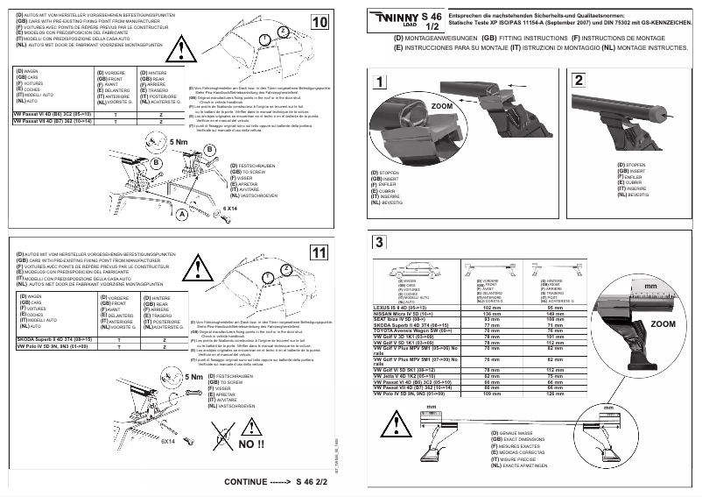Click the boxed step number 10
[x=319, y=22]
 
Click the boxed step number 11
[x=319, y=252]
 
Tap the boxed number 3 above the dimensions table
[x=378, y=243]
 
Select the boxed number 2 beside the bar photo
[x=580, y=82]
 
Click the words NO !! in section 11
[x=252, y=444]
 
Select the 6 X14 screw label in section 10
[x=232, y=209]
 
